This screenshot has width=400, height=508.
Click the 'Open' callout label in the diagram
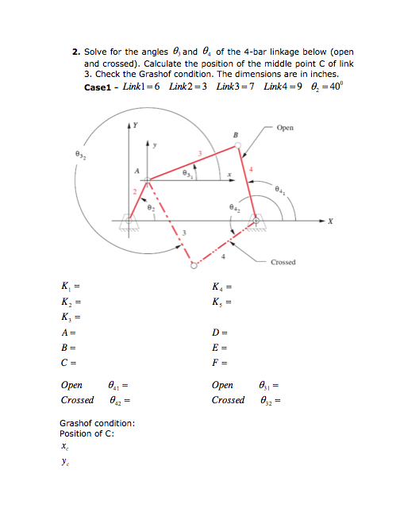click(286, 127)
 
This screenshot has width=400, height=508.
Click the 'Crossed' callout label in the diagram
click(284, 262)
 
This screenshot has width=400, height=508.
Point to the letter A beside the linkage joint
click(136, 169)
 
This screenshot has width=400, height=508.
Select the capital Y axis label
click(136, 125)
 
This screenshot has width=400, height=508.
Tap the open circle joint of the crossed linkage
click(192, 267)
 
